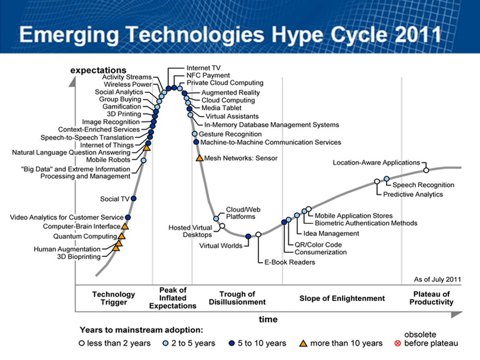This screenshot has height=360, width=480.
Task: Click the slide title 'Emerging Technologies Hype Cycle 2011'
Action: click(x=230, y=35)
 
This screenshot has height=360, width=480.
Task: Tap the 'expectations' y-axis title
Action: click(x=98, y=70)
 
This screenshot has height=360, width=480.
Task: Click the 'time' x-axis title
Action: click(x=268, y=319)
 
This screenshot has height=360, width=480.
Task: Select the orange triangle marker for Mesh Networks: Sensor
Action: click(x=199, y=158)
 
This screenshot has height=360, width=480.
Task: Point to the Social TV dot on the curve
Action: click(x=133, y=198)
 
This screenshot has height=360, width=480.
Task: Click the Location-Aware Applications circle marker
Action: click(x=426, y=170)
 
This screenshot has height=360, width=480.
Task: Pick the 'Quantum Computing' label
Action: click(x=84, y=236)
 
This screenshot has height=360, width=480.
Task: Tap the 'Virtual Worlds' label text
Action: click(x=221, y=246)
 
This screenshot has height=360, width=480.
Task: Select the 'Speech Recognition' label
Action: click(x=423, y=185)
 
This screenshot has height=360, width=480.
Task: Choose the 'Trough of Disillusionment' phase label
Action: click(x=237, y=298)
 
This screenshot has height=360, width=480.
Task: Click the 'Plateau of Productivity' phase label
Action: click(x=432, y=298)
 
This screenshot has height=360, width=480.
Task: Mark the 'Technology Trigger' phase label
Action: click(x=113, y=298)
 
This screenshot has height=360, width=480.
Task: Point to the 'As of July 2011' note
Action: click(x=437, y=279)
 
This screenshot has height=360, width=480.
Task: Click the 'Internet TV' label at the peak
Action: click(x=204, y=68)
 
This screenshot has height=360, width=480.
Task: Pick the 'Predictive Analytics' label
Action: click(x=413, y=194)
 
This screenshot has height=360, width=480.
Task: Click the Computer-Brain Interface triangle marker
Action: click(x=125, y=226)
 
